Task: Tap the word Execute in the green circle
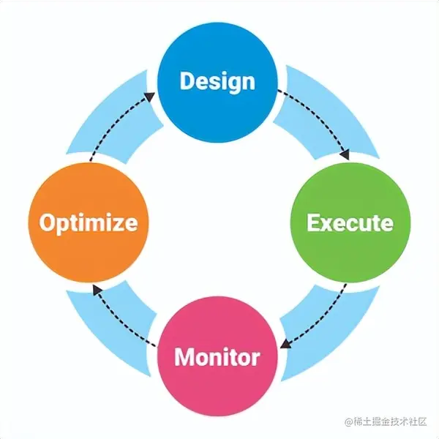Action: (x=350, y=222)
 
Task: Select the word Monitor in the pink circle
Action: (x=217, y=358)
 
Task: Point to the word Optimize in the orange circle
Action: (x=89, y=222)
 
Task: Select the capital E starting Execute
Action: (x=315, y=222)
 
